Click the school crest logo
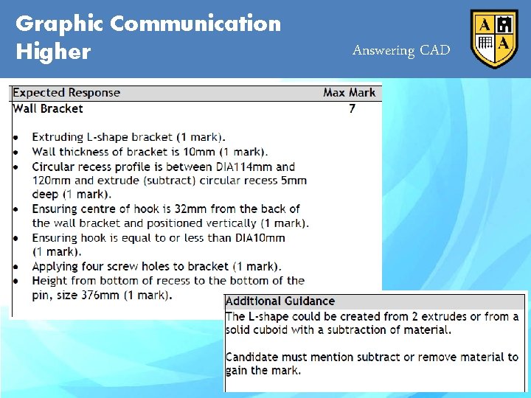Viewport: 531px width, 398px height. click(494, 39)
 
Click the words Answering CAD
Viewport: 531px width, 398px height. click(401, 50)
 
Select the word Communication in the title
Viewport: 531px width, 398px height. click(195, 24)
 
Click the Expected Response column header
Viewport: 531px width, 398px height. click(66, 93)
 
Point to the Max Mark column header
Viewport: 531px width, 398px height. click(349, 93)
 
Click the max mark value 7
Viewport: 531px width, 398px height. click(352, 108)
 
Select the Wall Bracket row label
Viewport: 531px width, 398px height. click(48, 108)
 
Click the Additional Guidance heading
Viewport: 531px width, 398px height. click(280, 301)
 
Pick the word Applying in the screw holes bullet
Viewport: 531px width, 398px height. click(56, 266)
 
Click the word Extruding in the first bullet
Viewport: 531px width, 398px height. click(58, 137)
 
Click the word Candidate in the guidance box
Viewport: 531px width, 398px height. click(254, 357)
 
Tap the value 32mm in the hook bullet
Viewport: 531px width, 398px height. click(189, 209)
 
